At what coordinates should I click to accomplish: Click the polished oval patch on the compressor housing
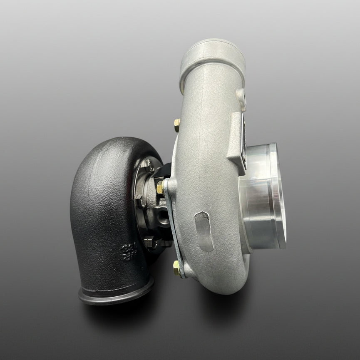[204, 231]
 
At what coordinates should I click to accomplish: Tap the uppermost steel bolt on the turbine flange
[147, 164]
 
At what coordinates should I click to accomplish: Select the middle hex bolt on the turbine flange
[140, 202]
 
